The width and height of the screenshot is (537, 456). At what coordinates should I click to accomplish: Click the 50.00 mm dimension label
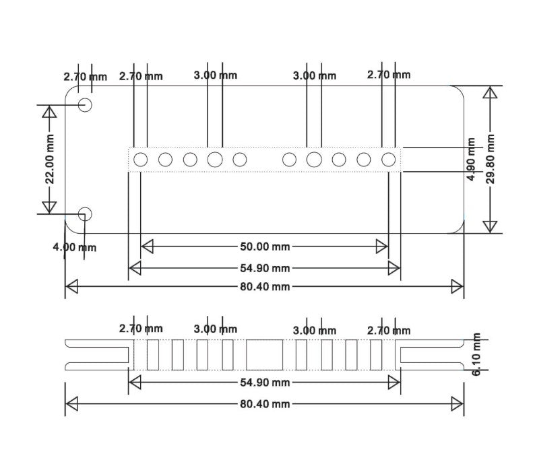(265, 247)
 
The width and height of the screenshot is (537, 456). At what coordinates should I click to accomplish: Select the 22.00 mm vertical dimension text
(50, 159)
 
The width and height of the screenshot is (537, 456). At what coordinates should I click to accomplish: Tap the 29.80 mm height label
(491, 159)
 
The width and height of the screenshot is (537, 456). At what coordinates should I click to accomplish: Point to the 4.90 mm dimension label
(471, 159)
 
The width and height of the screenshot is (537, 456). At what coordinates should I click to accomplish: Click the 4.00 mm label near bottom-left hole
(74, 247)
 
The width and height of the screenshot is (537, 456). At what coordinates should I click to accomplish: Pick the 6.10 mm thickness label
(476, 354)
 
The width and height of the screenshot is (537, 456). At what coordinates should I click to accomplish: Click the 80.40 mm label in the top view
(265, 286)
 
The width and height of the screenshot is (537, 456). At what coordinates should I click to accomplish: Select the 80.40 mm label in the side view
(265, 404)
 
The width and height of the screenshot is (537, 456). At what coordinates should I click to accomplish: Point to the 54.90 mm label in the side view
(265, 383)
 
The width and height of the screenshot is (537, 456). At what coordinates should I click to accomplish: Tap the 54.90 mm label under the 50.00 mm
(265, 268)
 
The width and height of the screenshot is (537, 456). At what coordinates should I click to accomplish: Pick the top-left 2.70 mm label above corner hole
(86, 77)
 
